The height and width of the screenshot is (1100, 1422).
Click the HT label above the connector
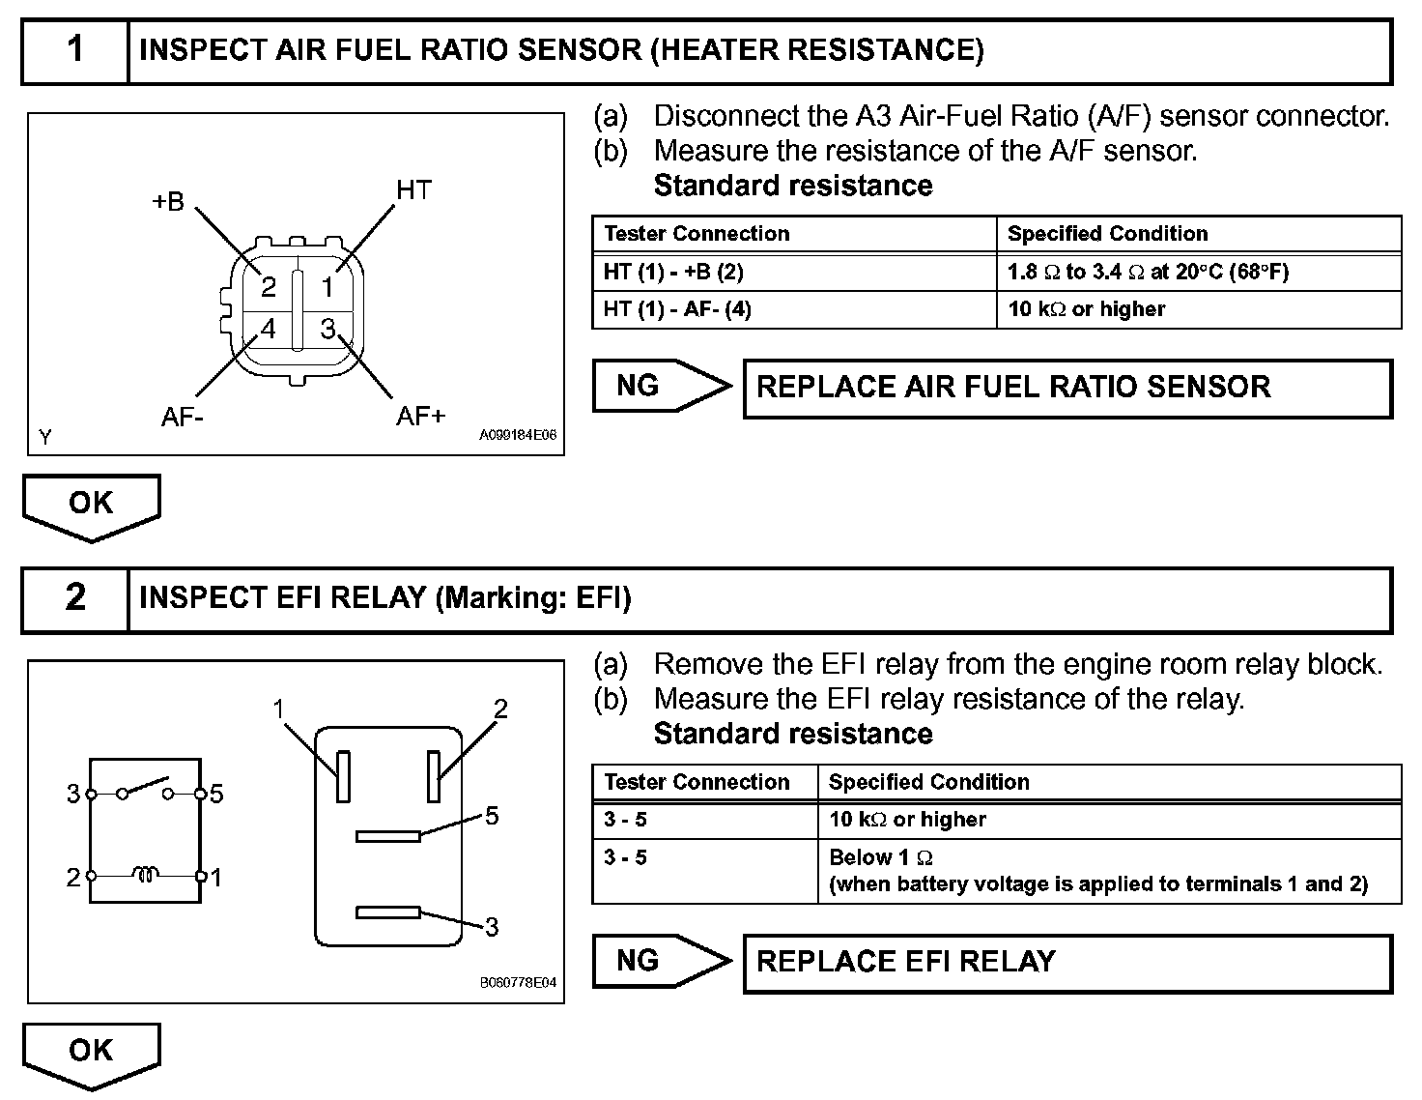pos(413,189)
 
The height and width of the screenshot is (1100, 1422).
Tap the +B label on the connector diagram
pos(168,201)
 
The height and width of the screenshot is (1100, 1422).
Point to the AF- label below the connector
pos(183,417)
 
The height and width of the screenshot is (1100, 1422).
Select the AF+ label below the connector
pos(421,415)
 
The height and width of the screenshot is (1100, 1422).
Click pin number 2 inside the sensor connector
pos(269,287)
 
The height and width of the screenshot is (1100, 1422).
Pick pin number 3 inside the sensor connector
pos(327,328)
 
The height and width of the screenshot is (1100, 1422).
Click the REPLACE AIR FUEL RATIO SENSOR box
pos(1067,389)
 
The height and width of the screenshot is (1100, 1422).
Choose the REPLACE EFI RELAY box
pos(1067,963)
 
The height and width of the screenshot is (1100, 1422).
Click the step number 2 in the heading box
pos(75,597)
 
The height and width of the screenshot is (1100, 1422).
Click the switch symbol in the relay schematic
pos(145,789)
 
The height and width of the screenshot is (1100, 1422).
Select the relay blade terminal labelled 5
pos(388,836)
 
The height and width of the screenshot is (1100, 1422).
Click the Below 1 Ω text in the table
pos(881,857)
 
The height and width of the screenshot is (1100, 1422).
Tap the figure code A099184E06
pos(518,435)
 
